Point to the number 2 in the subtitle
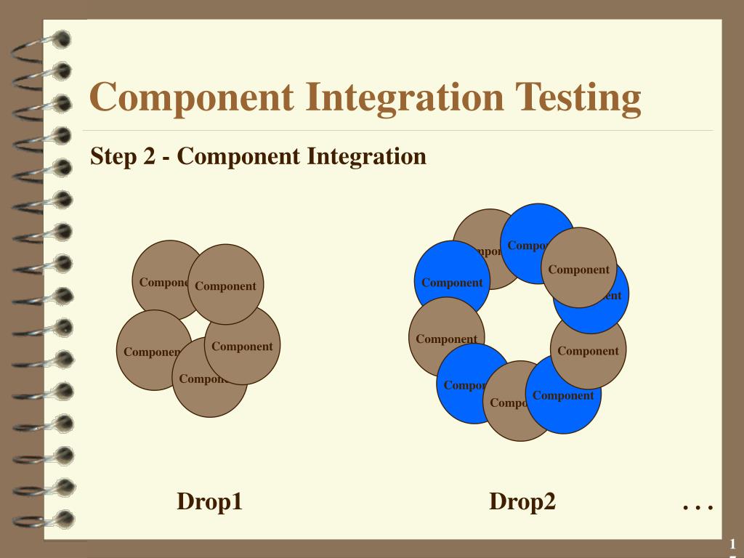click(149, 156)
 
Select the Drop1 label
click(209, 501)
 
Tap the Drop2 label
click(522, 501)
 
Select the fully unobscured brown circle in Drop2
click(579, 267)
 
